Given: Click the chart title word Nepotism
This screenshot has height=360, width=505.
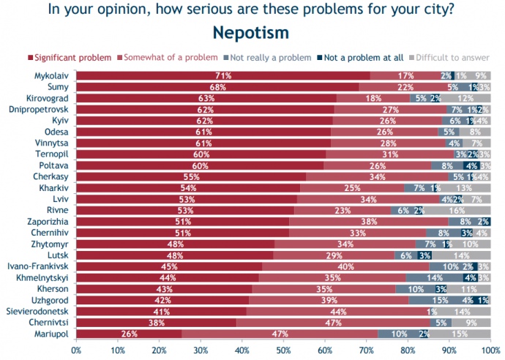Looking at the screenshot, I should point(250,33).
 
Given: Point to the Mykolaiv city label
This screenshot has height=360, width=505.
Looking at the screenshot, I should point(52,75).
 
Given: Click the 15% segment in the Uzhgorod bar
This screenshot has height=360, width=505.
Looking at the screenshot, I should point(439,299).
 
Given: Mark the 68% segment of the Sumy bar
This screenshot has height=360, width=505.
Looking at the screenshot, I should point(217,86).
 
